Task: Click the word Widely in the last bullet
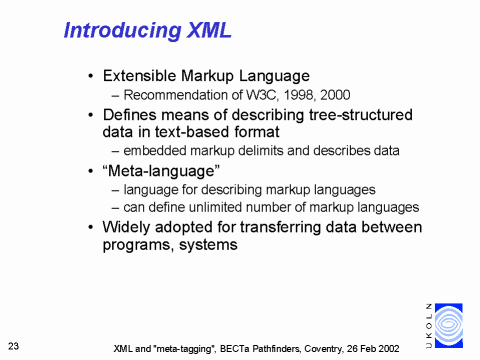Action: click(x=130, y=227)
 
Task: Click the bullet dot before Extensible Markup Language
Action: click(x=92, y=76)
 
